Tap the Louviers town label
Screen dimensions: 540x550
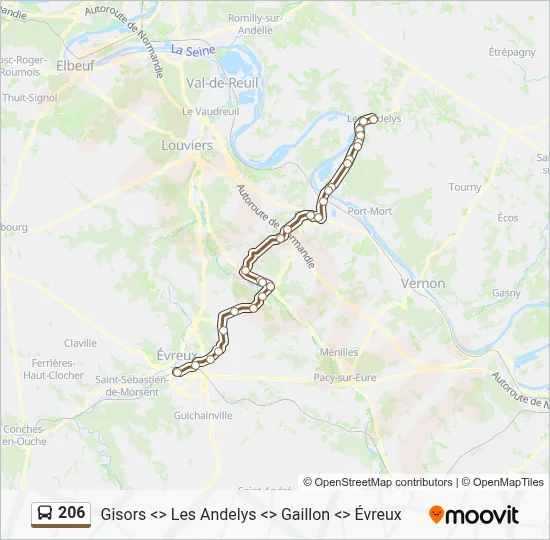pos(187,145)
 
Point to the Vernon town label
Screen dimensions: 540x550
pos(422,283)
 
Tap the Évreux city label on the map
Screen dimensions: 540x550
pos(178,355)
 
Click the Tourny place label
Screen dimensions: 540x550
pos(465,187)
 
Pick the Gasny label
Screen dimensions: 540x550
pos(506,293)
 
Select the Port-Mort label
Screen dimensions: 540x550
pos(369,211)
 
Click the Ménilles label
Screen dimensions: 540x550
pos(340,352)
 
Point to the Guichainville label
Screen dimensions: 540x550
pos(203,414)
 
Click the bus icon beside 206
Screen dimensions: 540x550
pos(45,514)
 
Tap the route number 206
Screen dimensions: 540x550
pos(72,513)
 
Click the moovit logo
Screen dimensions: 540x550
pos(474,515)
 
